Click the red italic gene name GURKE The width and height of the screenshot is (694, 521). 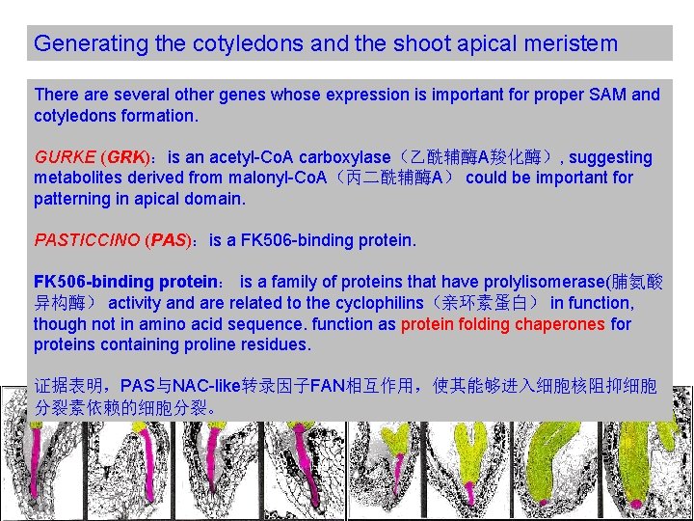(64, 157)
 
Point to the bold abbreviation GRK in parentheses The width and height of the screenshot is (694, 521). (126, 157)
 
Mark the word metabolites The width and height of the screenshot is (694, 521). (78, 178)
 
